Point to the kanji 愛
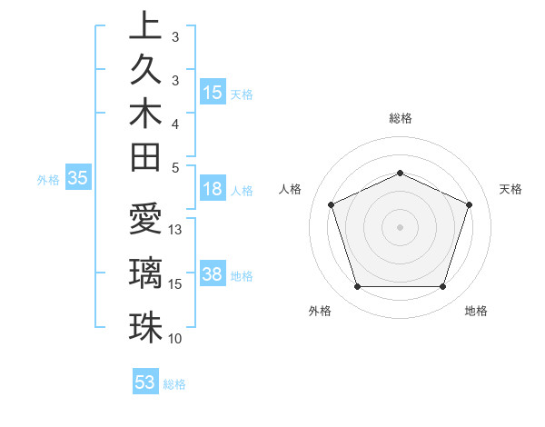144,221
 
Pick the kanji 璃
144,273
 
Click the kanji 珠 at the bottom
144,326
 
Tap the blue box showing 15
213,92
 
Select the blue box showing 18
213,189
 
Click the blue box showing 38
213,274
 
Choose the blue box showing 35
78,179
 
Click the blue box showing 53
145,382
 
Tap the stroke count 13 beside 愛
176,230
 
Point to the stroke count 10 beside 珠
175,339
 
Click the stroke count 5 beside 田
175,167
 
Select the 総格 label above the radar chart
401,118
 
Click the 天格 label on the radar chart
511,189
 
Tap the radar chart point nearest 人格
331,204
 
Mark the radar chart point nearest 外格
357,287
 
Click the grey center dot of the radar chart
400,226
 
